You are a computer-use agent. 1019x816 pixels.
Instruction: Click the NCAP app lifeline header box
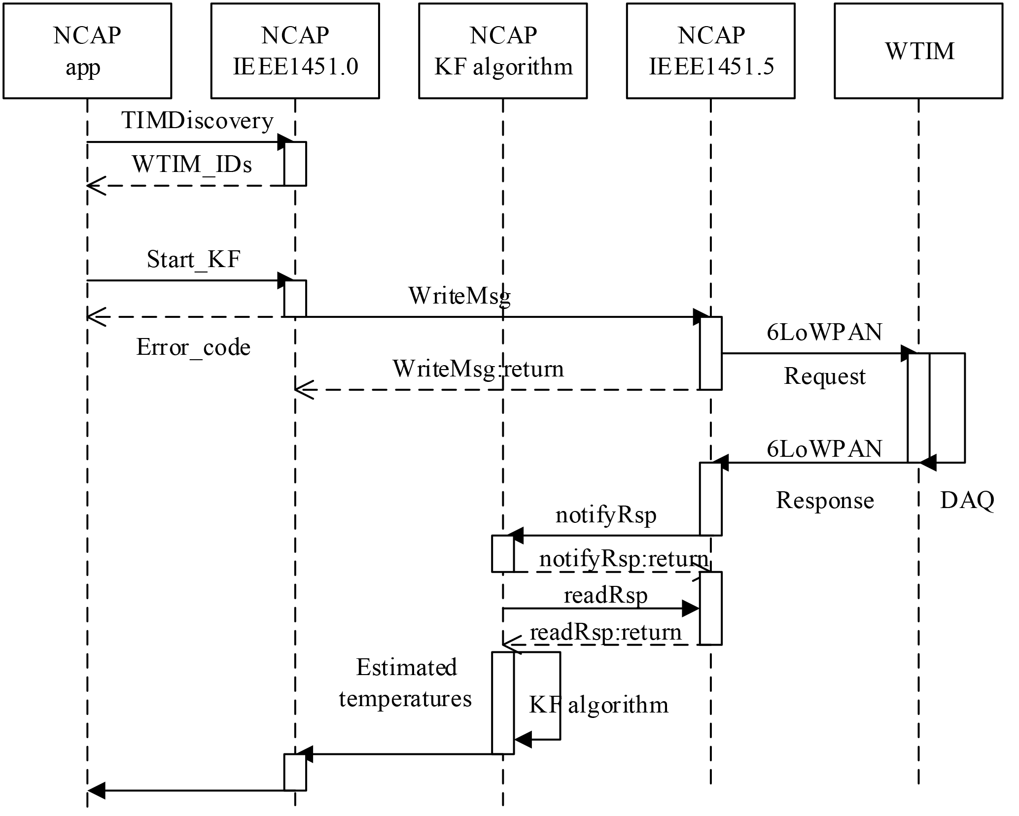click(x=87, y=51)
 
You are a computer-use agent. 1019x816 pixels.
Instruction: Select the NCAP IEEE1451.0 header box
click(x=295, y=51)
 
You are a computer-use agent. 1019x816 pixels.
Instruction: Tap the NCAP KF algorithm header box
click(x=503, y=51)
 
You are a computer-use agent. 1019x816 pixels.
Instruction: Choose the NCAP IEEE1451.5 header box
click(x=711, y=51)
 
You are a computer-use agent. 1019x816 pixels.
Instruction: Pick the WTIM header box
click(x=919, y=51)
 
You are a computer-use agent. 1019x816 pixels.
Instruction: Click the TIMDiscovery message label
click(x=197, y=121)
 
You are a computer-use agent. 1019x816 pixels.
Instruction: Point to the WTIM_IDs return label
click(x=192, y=164)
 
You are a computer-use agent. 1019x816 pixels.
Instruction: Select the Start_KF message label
click(x=194, y=259)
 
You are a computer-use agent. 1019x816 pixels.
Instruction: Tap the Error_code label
click(x=193, y=347)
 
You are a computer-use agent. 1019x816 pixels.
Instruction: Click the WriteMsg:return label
click(x=478, y=369)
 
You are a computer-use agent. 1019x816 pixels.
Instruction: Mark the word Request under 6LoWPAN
click(x=824, y=376)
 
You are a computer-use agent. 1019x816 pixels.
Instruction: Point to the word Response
click(x=825, y=501)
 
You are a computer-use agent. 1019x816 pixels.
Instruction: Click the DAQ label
click(x=967, y=501)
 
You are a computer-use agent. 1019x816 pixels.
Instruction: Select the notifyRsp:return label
click(x=624, y=559)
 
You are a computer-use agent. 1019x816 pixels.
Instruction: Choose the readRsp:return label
click(x=605, y=632)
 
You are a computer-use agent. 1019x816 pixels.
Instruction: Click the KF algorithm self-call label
click(x=598, y=705)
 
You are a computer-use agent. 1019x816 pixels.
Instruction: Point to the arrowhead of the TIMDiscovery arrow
click(x=285, y=142)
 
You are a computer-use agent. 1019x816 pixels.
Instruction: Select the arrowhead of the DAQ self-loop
click(x=927, y=463)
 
